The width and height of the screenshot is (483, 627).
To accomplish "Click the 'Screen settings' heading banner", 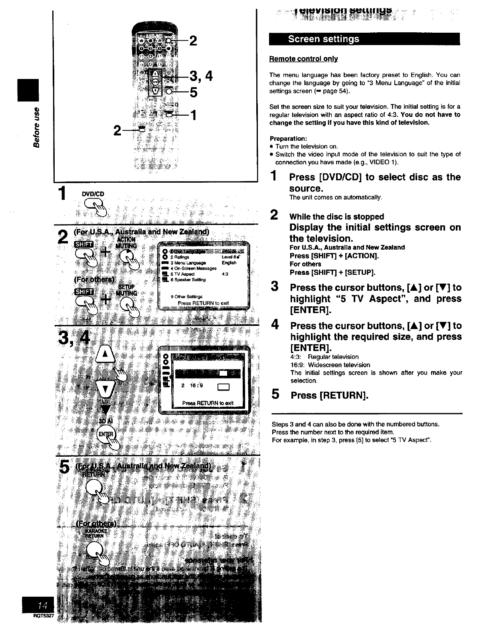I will (x=324, y=39).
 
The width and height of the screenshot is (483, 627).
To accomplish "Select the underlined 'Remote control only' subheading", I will (x=304, y=59).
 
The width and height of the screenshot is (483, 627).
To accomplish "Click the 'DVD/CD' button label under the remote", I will (x=93, y=194).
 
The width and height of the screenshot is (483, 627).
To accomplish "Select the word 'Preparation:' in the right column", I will (x=288, y=139).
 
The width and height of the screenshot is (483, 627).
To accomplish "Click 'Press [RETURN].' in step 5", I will (x=329, y=395).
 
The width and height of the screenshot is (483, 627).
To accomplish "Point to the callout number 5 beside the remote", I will (x=194, y=92).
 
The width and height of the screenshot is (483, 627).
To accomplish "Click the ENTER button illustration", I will (x=106, y=434).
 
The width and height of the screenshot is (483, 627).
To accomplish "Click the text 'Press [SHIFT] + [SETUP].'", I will (x=332, y=272).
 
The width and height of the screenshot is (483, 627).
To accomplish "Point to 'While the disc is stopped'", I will (x=337, y=217).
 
